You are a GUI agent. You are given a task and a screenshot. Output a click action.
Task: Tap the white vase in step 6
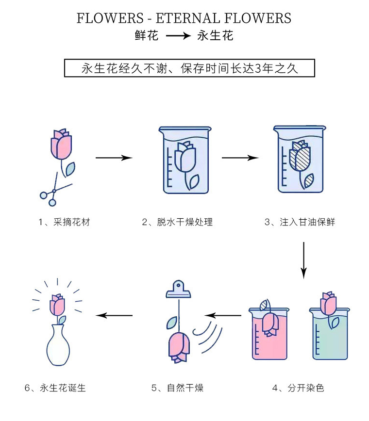point(58,344)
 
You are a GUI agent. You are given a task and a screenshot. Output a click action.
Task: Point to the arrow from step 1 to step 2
point(114,158)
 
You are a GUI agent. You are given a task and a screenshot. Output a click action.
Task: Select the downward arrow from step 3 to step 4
point(303,259)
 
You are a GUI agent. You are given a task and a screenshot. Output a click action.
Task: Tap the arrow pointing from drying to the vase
point(115,316)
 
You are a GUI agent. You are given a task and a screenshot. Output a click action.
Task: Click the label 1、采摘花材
point(65,222)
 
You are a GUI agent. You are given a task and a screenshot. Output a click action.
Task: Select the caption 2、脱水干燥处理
point(177,222)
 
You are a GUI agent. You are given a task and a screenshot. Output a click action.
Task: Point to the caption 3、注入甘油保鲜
point(300,222)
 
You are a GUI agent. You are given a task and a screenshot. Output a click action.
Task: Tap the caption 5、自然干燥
point(177,388)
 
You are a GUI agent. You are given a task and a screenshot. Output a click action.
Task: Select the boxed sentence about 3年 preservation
point(189,68)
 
